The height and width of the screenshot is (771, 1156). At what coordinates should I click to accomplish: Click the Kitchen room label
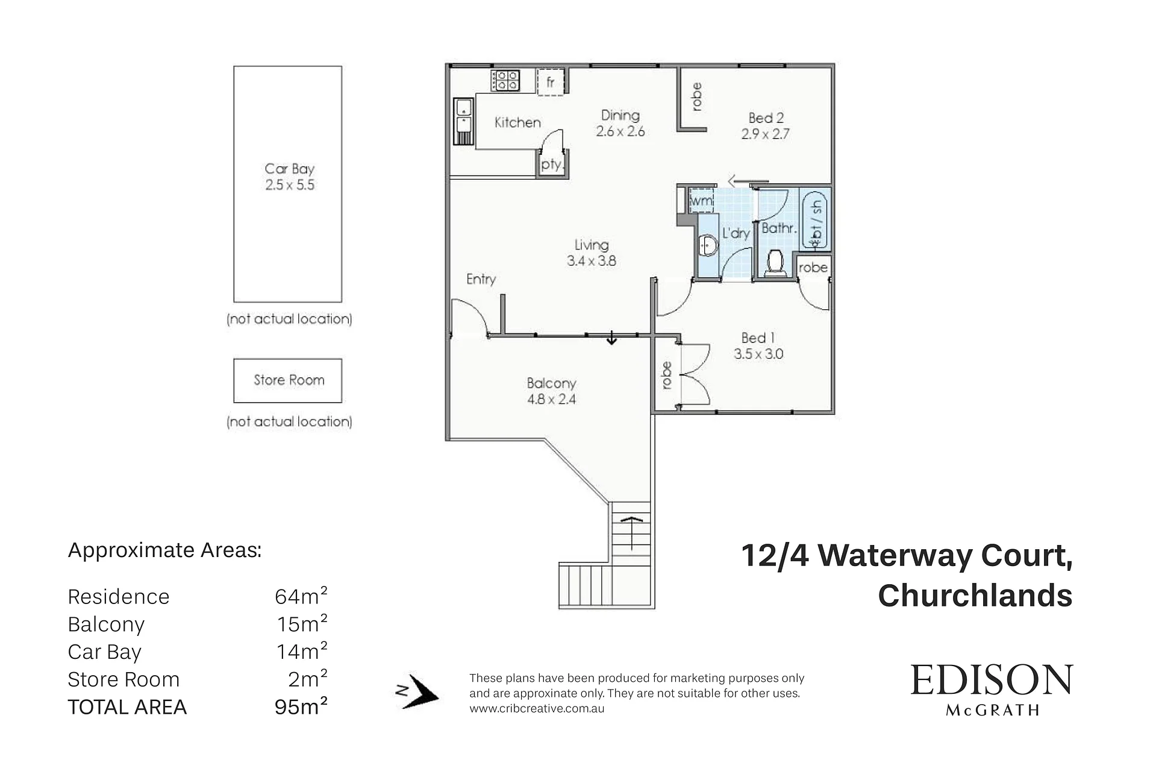pyautogui.click(x=517, y=122)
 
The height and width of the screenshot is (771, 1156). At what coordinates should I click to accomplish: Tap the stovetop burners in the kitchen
pyautogui.click(x=506, y=80)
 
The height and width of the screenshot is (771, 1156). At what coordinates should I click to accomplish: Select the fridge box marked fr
pyautogui.click(x=551, y=81)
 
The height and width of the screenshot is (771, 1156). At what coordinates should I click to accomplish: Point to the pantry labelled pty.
pyautogui.click(x=552, y=163)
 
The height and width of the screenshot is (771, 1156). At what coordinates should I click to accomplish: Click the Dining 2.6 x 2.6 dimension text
pyautogui.click(x=620, y=131)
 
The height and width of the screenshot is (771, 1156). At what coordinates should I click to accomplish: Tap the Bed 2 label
pyautogui.click(x=766, y=118)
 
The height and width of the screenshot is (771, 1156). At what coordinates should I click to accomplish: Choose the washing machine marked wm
pyautogui.click(x=701, y=200)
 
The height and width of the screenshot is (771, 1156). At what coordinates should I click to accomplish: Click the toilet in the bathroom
pyautogui.click(x=775, y=262)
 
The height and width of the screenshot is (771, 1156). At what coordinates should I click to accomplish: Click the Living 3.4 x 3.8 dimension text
pyautogui.click(x=592, y=261)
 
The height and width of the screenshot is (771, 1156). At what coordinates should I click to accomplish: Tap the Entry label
pyautogui.click(x=481, y=279)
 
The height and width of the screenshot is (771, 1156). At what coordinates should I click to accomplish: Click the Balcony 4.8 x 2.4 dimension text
pyautogui.click(x=551, y=399)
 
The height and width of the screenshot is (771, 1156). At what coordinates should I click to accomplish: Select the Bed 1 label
pyautogui.click(x=758, y=338)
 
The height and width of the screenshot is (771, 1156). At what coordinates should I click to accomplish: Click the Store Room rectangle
pyautogui.click(x=288, y=380)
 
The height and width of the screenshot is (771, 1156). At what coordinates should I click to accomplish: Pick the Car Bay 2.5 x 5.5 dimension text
pyautogui.click(x=290, y=185)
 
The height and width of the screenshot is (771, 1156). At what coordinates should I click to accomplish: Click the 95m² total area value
pyautogui.click(x=301, y=705)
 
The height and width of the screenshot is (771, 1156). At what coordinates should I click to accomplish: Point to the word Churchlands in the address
pyautogui.click(x=975, y=596)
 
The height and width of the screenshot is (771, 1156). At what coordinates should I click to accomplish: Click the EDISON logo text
pyautogui.click(x=992, y=680)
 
